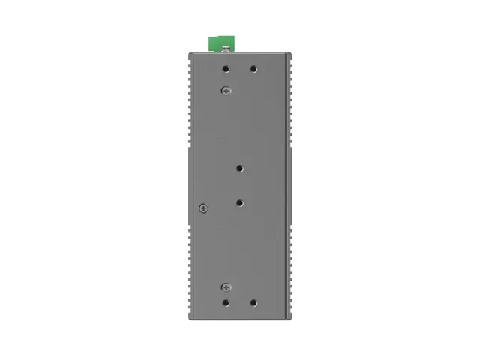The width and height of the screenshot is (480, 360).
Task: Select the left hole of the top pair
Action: point(226,69)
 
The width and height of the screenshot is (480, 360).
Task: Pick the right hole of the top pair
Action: point(253,69)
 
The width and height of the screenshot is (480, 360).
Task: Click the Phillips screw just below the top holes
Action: point(226,90)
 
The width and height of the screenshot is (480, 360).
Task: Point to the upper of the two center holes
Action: point(240,169)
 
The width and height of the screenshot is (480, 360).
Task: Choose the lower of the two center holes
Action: point(240,202)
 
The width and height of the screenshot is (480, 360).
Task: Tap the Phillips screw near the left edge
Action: point(202,208)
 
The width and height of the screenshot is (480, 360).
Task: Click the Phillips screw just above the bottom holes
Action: point(226,286)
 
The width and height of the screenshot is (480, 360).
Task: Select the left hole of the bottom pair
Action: point(226,304)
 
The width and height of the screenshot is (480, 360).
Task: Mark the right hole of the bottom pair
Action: point(253,304)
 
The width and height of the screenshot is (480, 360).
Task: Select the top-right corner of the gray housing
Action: point(289,54)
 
